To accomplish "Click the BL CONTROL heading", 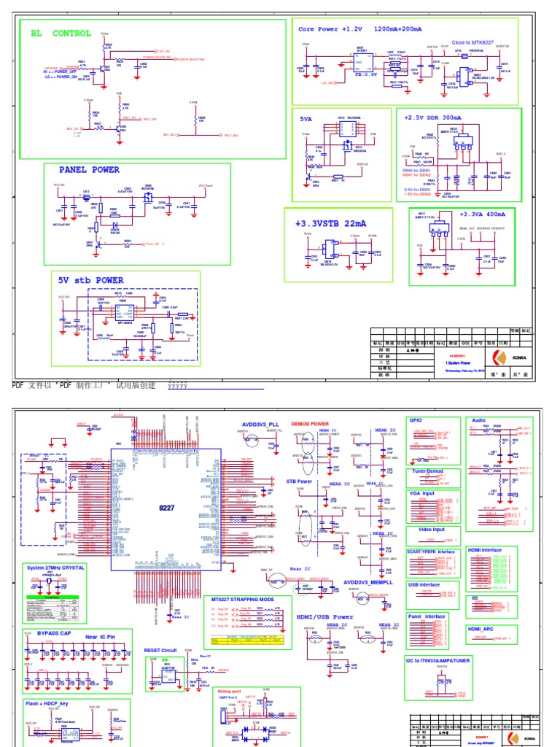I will tap(61, 33).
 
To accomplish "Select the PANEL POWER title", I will tap(90, 170).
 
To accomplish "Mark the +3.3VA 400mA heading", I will tap(483, 214).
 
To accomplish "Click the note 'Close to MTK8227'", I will tap(471, 43).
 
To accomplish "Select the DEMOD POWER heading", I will tap(310, 423).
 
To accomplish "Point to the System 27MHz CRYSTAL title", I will tap(56, 567).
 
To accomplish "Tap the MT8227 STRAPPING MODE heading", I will tap(243, 600).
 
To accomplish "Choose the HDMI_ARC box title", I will tap(481, 628).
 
